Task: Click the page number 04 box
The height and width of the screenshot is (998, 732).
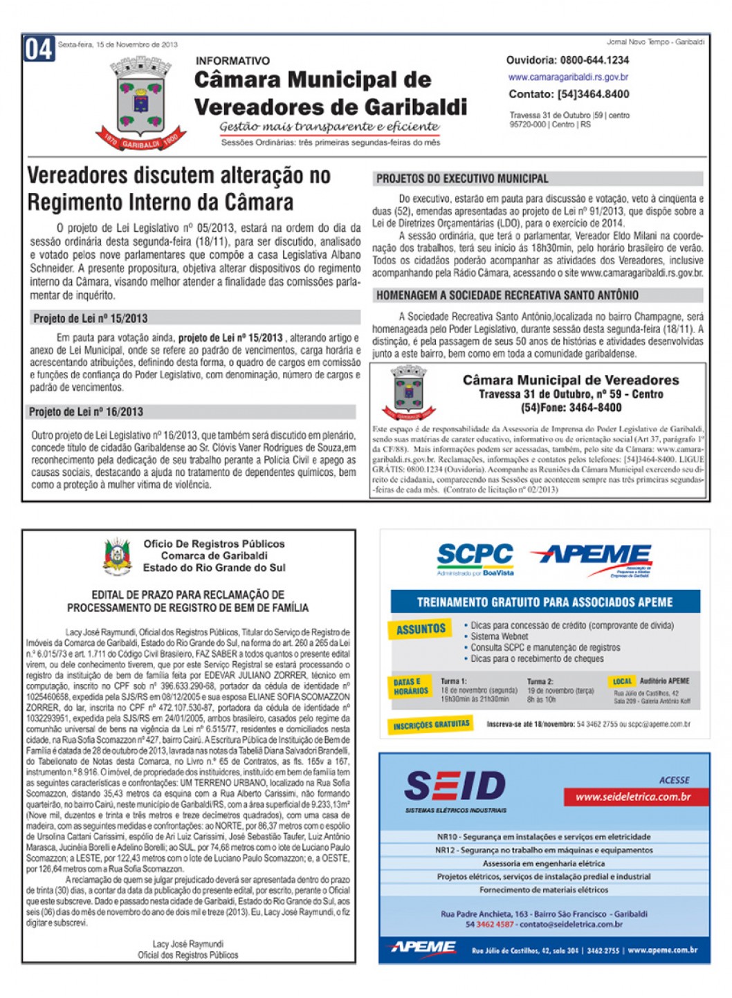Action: (39, 49)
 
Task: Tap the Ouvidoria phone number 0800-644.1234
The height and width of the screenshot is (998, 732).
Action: (594, 61)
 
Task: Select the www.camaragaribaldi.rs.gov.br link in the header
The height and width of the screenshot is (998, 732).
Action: (568, 77)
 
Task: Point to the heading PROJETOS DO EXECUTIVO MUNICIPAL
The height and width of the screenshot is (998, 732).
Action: (462, 179)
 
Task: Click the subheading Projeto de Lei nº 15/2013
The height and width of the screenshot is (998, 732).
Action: (91, 319)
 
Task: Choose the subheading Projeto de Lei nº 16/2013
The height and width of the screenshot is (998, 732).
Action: (86, 412)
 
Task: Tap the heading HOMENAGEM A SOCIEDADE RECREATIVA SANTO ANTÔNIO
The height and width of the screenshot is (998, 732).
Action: (507, 295)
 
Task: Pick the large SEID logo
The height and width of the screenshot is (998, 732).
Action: (455, 787)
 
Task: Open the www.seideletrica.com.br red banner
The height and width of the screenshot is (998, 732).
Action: (633, 797)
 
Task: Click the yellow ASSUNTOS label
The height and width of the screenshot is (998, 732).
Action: (421, 629)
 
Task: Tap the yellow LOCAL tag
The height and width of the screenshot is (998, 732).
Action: (622, 681)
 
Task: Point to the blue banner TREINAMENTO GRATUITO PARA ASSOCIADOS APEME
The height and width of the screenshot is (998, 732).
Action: (545, 602)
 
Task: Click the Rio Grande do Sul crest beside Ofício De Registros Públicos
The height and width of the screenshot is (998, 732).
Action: (118, 557)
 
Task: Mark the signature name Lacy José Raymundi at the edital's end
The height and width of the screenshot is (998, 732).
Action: (187, 944)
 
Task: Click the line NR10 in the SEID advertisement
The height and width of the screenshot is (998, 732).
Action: (544, 837)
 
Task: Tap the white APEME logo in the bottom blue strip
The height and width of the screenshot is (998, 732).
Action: (423, 948)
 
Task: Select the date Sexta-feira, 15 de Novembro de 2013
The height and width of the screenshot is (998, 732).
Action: (118, 44)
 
